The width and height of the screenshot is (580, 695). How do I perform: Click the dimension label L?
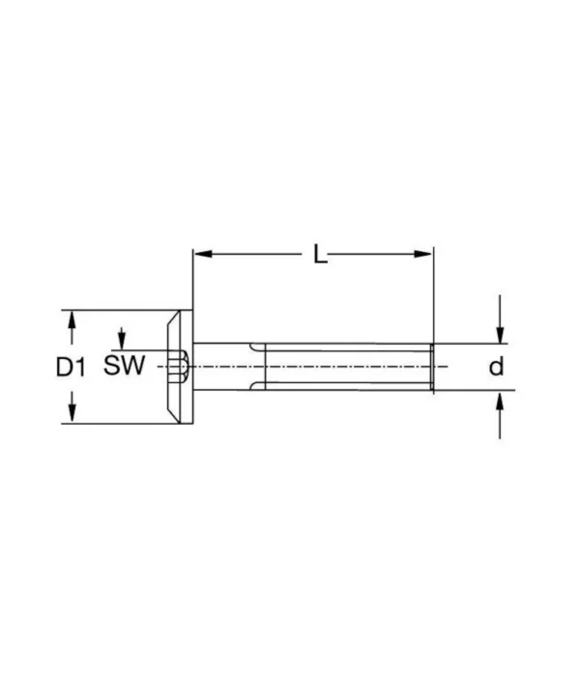click(x=321, y=255)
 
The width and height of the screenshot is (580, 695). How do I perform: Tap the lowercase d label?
click(x=495, y=367)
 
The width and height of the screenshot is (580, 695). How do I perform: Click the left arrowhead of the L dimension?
click(x=199, y=255)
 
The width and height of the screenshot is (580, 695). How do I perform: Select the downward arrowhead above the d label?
click(x=499, y=335)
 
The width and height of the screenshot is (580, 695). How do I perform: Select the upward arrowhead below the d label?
click(x=499, y=399)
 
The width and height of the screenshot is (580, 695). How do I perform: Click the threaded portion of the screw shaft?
click(x=348, y=367)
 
